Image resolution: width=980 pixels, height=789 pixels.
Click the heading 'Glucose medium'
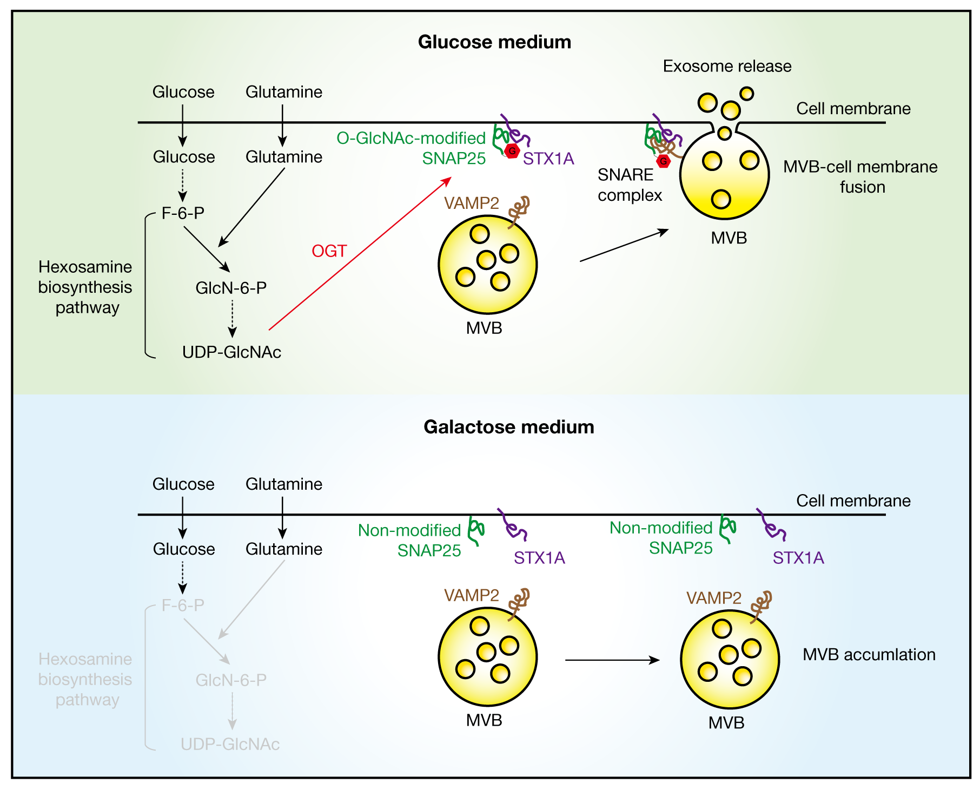tap(494, 42)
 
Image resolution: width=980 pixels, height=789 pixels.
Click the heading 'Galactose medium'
tap(508, 427)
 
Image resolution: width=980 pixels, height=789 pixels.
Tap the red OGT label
tap(329, 251)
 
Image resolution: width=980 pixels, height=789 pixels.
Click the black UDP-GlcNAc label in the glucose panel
tap(231, 352)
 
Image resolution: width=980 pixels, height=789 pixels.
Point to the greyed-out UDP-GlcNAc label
tap(230, 745)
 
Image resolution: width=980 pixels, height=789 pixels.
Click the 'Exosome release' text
tap(727, 66)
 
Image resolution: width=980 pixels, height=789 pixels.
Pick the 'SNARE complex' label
tap(630, 185)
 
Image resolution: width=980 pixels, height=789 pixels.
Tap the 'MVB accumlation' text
tap(869, 655)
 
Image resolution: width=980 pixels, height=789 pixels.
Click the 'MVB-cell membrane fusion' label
tap(860, 177)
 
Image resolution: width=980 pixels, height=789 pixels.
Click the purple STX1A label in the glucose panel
tap(548, 159)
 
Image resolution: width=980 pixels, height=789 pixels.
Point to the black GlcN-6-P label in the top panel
tap(231, 288)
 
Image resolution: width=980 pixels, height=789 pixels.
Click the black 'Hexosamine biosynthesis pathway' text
tap(85, 287)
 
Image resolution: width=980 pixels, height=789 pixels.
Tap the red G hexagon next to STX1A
tap(512, 151)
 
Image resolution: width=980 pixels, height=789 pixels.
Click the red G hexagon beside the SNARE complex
tap(663, 161)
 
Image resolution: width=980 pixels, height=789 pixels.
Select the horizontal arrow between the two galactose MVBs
tap(612, 660)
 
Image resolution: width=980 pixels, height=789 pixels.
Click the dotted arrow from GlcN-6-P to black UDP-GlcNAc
tap(232, 319)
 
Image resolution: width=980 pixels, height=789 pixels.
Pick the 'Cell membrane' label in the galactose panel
tap(853, 501)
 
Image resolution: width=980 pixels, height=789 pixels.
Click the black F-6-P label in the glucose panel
tap(183, 213)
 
